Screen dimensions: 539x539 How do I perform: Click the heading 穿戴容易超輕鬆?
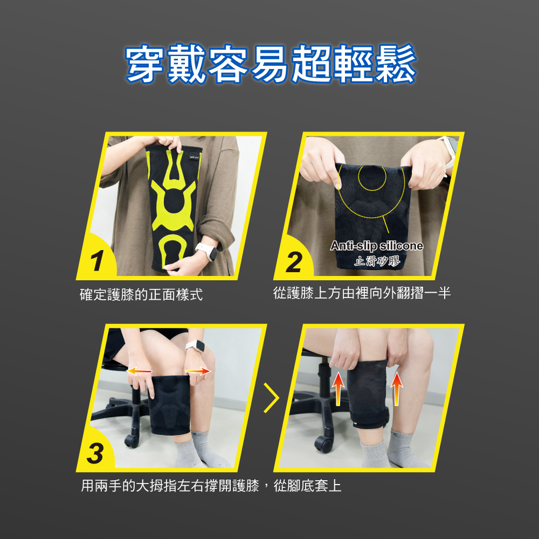click(271, 64)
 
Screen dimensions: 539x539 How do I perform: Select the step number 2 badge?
click(294, 262)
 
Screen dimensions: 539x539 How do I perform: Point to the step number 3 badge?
click(95, 453)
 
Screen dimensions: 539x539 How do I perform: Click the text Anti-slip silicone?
click(377, 245)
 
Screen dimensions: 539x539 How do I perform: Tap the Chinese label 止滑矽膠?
click(377, 261)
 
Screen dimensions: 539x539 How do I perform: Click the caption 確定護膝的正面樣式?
click(141, 295)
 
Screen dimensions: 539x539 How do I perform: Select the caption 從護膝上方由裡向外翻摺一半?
click(362, 293)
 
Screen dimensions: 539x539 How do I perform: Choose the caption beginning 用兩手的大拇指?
click(211, 486)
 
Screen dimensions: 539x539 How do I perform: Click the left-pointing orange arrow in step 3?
click(139, 371)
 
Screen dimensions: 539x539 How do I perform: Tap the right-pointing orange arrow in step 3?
click(198, 371)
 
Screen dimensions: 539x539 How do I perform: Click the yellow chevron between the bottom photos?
click(271, 398)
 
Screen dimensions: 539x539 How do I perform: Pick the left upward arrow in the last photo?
click(338, 389)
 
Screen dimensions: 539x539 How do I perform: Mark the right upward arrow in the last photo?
click(397, 389)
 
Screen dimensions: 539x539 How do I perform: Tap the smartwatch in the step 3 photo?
click(195, 345)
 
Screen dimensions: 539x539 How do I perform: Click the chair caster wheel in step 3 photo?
click(132, 441)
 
